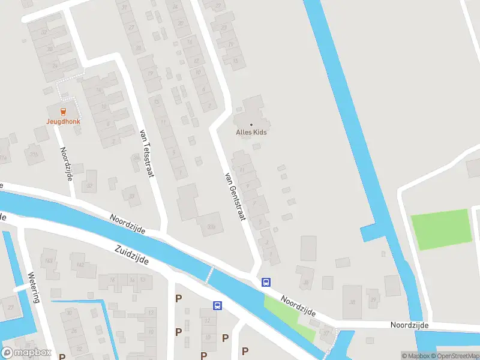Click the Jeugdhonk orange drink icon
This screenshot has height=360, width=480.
coord(62,110)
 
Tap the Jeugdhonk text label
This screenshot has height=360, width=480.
coord(63,121)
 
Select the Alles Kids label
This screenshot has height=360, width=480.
coord(251,132)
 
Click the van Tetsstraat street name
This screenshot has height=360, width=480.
coord(146,153)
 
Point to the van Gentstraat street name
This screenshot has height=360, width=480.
coord(235,196)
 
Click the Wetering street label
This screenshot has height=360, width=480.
coord(34,287)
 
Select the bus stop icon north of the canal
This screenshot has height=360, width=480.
coord(266,282)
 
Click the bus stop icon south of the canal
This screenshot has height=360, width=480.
coord(217,305)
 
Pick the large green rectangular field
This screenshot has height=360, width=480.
coord(440,229)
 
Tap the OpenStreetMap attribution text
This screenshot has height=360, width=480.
coord(454,356)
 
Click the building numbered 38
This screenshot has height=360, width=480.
coord(352,301)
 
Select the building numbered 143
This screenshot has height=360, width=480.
coord(49,260)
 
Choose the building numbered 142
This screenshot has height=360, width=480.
coord(78,264)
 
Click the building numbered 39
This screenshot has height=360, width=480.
coord(373,299)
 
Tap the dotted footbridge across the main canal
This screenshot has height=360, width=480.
coord(209,275)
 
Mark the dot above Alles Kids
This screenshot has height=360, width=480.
coord(251,125)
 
